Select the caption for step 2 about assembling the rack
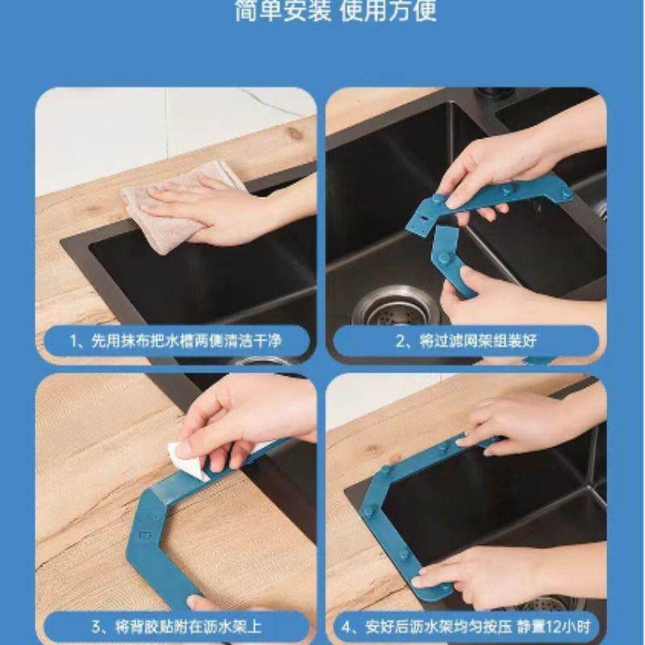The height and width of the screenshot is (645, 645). click(466, 341)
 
